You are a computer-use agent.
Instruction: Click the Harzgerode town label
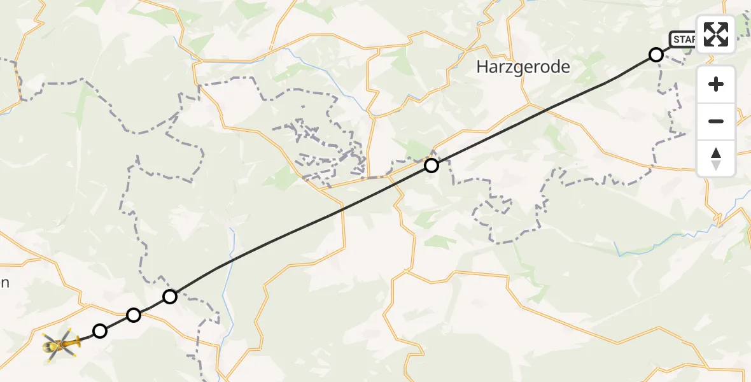(x=523, y=67)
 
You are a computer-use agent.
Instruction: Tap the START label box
(x=683, y=39)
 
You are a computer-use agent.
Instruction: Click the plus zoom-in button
(x=716, y=84)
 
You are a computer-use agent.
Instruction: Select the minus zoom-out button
(x=716, y=121)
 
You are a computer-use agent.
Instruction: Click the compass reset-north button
(x=716, y=159)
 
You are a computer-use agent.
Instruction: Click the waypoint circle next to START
(x=656, y=55)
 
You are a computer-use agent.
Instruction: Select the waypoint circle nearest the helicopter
(x=100, y=330)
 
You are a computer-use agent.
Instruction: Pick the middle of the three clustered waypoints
(x=134, y=315)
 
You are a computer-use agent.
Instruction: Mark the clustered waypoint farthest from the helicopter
(x=170, y=296)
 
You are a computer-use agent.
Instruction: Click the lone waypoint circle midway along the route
(x=432, y=166)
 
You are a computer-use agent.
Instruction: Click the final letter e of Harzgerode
(x=565, y=67)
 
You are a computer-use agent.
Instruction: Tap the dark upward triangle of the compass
(x=716, y=153)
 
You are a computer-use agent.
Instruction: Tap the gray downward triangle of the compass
(x=716, y=165)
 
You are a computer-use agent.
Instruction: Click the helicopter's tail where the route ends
(x=75, y=341)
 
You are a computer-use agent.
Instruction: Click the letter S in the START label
(x=677, y=39)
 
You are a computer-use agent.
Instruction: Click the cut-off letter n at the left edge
(x=3, y=283)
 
